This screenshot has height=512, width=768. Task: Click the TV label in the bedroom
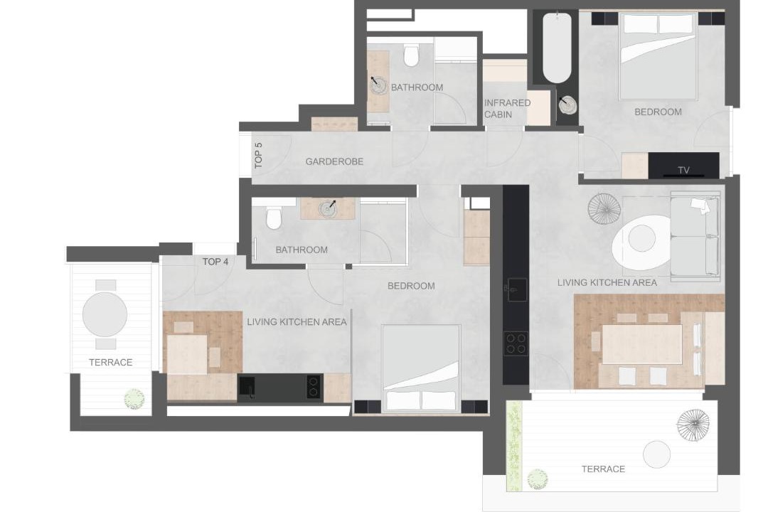[x=684, y=170]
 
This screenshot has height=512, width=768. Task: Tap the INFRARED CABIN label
[x=508, y=108]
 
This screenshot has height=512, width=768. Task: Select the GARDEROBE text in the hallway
[x=334, y=161]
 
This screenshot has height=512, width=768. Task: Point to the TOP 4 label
[x=215, y=262]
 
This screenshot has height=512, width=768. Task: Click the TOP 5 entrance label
[x=259, y=155]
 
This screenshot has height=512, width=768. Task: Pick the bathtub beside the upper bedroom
[x=557, y=48]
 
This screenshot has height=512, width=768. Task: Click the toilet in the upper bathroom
[x=411, y=55]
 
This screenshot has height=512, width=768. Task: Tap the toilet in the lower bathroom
[x=274, y=218]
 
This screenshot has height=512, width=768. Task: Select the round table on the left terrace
[x=105, y=314]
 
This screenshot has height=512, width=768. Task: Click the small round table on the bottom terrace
[x=656, y=454]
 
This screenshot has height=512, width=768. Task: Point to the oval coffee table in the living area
[x=641, y=240]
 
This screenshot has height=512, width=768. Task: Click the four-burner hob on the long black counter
[x=516, y=343]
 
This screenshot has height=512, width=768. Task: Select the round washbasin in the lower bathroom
[x=327, y=209]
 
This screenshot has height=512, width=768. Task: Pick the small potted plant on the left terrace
[x=134, y=399]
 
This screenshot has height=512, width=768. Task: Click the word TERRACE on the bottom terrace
[x=603, y=469]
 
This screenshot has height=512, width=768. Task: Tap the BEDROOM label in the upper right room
[x=658, y=112]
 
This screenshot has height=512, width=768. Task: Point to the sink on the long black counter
[x=516, y=289]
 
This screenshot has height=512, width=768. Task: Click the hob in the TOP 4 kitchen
[x=314, y=387]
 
